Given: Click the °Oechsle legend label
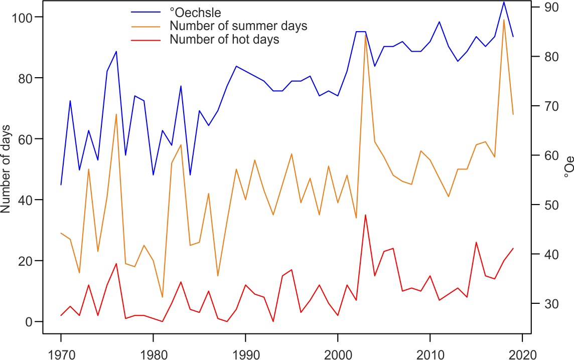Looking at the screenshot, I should click(196, 11).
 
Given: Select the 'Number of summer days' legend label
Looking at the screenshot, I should click(238, 25).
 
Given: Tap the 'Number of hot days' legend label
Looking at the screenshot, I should click(224, 39).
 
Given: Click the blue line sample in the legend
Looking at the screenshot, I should click(146, 11).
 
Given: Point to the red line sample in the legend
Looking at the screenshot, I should click(146, 39).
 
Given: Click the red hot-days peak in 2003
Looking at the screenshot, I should click(365, 215).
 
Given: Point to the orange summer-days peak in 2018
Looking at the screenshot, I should click(504, 20).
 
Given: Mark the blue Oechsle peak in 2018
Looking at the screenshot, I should click(504, 2).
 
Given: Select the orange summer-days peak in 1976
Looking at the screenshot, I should click(116, 114).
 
